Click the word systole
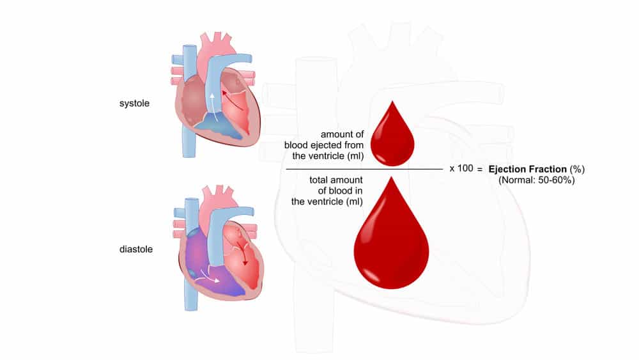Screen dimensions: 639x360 click(134, 104)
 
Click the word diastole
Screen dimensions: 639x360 click(135, 249)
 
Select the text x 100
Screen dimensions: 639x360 click(461, 168)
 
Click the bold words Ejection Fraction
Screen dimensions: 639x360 click(527, 169)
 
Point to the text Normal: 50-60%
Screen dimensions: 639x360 click(537, 180)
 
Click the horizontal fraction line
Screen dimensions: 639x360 click(364, 169)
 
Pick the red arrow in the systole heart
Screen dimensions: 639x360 click(233, 100)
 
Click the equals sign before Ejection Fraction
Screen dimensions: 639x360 click(480, 169)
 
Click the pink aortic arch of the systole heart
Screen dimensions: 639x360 click(215, 51)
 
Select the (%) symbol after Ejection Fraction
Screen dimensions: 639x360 click(577, 169)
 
